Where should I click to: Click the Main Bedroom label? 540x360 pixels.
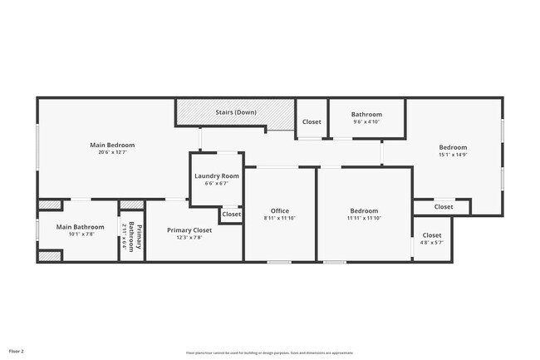(112, 145)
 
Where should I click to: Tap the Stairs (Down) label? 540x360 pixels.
(235, 112)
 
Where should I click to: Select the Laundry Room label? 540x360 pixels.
(217, 176)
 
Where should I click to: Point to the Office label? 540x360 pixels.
(280, 211)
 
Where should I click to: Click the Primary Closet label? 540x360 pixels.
(189, 230)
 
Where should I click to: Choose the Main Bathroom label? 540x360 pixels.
(80, 227)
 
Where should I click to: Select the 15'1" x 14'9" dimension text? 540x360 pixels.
(453, 155)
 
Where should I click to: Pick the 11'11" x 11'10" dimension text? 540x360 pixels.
(364, 218)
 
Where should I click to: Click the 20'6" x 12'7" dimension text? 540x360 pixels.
(112, 152)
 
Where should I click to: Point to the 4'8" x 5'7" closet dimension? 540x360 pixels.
(432, 243)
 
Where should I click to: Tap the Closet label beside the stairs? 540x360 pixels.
(312, 122)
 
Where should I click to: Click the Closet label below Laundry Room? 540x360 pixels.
(231, 215)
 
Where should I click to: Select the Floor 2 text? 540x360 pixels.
(17, 350)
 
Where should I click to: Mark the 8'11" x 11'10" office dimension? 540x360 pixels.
(280, 218)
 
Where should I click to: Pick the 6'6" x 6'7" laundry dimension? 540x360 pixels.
(217, 184)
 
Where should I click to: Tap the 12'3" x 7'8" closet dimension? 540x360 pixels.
(189, 238)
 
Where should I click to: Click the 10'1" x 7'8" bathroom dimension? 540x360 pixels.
(80, 234)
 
